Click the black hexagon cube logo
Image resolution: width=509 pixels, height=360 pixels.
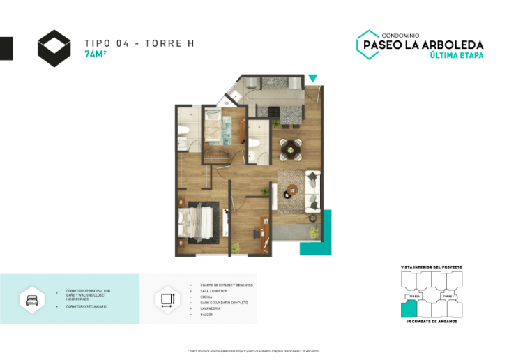click(54, 48)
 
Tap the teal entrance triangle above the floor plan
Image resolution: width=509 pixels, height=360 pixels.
click(313, 78)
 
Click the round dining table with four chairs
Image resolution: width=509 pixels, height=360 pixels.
click(291, 147)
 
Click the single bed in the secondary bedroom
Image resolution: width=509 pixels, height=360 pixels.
click(222, 129)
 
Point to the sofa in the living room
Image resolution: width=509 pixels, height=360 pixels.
click(314, 188)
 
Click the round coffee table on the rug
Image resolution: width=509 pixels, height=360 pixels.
click(291, 188)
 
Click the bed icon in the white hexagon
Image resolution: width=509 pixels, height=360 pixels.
click(32, 299)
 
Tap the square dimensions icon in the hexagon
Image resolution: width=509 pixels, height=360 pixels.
click(166, 299)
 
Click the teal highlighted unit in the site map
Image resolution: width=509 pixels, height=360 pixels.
click(406, 309)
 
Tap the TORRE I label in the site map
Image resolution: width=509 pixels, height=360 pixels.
click(449, 297)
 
